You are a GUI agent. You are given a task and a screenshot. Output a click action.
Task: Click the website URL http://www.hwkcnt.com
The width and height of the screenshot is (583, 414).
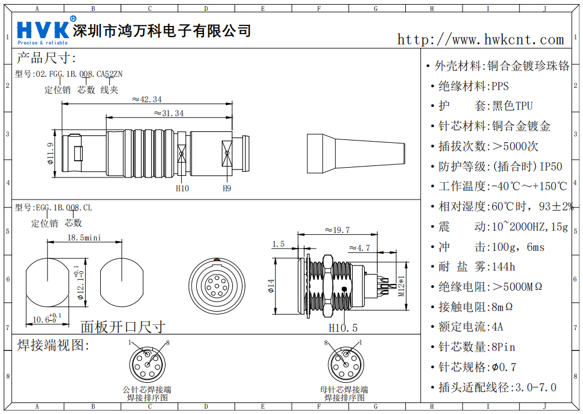click(480, 39)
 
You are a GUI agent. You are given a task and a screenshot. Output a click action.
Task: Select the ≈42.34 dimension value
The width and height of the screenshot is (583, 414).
click(146, 99)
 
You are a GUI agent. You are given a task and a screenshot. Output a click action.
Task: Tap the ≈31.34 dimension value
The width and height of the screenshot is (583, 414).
click(169, 113)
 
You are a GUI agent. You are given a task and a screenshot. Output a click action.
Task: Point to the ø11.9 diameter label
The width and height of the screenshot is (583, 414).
click(50, 153)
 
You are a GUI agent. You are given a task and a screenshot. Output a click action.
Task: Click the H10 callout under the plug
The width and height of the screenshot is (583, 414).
click(182, 188)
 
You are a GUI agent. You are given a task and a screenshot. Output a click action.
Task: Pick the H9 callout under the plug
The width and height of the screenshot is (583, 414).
click(227, 188)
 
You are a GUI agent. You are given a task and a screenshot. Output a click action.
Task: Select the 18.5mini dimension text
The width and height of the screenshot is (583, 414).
click(85, 238)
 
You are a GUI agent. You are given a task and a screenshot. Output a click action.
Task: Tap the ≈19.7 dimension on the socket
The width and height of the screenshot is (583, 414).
click(336, 230)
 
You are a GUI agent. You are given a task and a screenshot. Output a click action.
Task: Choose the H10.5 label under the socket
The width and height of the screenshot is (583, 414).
click(343, 328)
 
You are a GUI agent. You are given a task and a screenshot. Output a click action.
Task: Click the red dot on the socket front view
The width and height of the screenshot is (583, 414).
click(216, 259)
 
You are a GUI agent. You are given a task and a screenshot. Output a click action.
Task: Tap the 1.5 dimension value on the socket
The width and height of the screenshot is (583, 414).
click(278, 244)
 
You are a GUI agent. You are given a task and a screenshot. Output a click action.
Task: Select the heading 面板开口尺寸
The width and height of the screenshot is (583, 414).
click(122, 327)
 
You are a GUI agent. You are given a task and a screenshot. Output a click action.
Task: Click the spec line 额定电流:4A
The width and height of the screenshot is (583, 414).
click(471, 327)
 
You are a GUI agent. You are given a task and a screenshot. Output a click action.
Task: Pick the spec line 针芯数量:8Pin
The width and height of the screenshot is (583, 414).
click(476, 347)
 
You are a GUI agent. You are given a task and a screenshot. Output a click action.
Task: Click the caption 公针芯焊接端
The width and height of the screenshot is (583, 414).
click(147, 390)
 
